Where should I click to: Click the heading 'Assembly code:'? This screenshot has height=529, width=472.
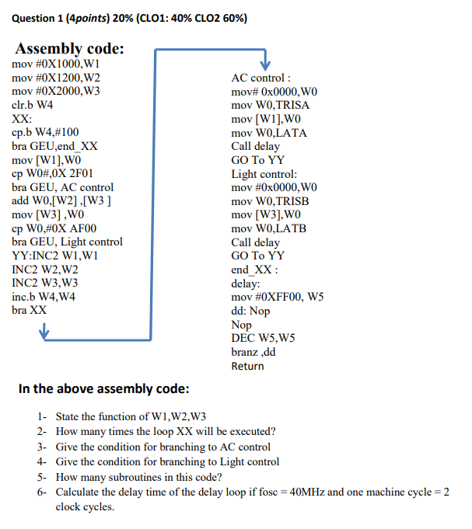click(70, 49)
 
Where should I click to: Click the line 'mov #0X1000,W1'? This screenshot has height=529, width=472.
click(57, 64)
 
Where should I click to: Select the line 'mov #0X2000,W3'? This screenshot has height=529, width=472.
click(57, 91)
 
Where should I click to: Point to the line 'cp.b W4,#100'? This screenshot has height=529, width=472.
click(46, 132)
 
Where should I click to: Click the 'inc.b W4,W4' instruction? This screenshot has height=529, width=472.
click(44, 296)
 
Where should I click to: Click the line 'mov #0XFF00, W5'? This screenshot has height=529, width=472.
click(278, 297)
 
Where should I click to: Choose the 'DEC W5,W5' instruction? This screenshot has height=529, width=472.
click(264, 338)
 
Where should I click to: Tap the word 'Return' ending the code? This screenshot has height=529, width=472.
click(247, 365)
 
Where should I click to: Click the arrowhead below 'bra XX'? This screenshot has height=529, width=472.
click(44, 333)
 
